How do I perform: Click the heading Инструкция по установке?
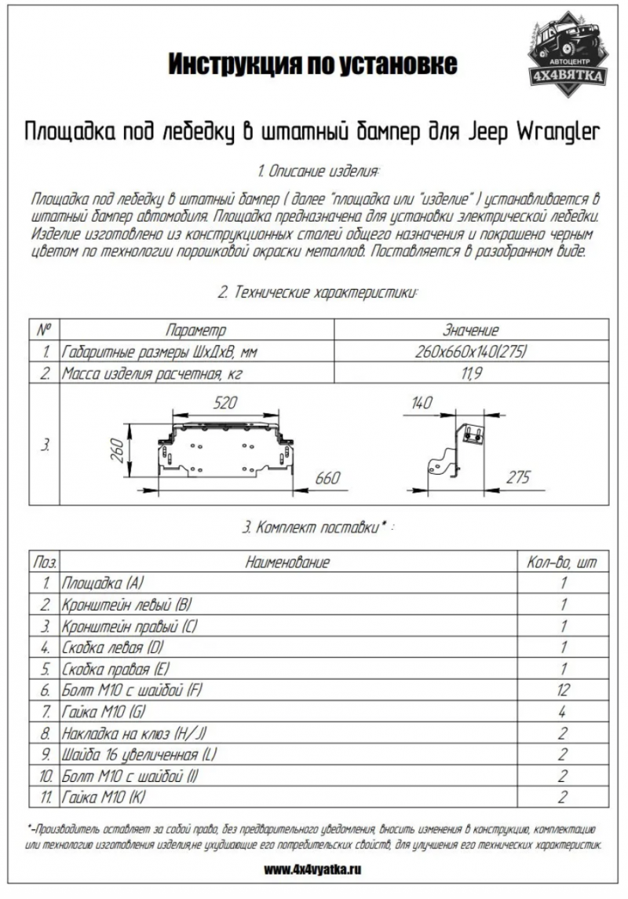[x=312, y=64]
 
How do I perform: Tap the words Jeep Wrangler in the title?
[x=535, y=130]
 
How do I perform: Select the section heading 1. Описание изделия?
[x=318, y=171]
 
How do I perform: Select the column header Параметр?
[x=195, y=331]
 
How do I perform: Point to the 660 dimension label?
[x=330, y=478]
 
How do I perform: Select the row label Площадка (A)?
[x=103, y=584]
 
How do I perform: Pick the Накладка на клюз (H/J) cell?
[x=133, y=733]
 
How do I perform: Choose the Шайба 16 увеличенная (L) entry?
[x=139, y=754]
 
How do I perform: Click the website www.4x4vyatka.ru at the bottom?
[x=314, y=870]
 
